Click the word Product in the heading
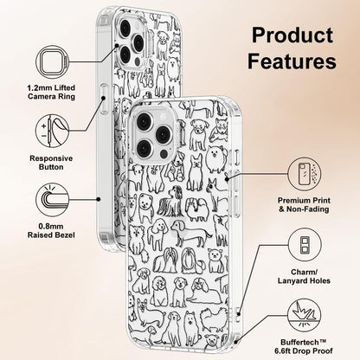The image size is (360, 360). click(x=292, y=35)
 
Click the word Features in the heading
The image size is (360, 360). click(x=292, y=61)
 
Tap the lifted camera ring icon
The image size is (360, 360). click(x=52, y=62)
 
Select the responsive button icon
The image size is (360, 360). click(x=52, y=131)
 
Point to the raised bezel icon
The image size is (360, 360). click(x=52, y=200)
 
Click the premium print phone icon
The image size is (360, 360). click(x=305, y=174)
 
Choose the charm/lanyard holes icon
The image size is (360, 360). click(x=305, y=245)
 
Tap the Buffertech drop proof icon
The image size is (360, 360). click(x=305, y=315)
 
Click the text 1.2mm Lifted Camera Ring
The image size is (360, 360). click(x=51, y=92)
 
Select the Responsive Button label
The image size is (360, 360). click(x=51, y=163)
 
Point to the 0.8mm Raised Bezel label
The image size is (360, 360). click(x=51, y=231)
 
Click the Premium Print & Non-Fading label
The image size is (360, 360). click(x=304, y=205)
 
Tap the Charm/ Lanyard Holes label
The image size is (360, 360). click(x=304, y=276)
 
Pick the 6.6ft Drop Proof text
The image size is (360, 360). click(x=304, y=351)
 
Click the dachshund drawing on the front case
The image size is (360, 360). click(x=191, y=233)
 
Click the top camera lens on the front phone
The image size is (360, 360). click(x=144, y=121)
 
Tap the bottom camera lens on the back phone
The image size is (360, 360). click(x=125, y=55)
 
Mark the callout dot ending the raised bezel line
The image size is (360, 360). click(x=99, y=199)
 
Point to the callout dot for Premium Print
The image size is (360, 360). click(x=227, y=179)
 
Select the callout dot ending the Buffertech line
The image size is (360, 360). click(x=236, y=342)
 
